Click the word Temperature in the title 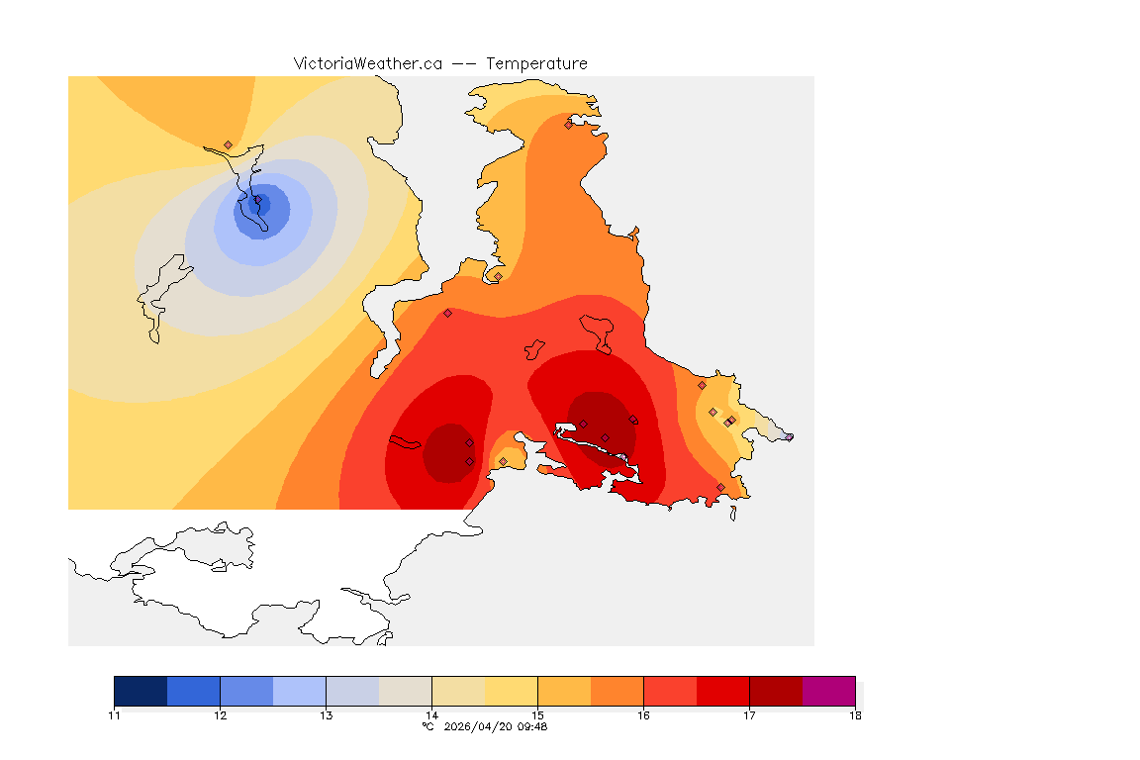pyautogui.click(x=536, y=63)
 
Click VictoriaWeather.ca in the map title pyautogui.click(x=367, y=63)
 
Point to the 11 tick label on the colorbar pyautogui.click(x=115, y=714)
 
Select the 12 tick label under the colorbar pyautogui.click(x=220, y=714)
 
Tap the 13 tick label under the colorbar pyautogui.click(x=326, y=714)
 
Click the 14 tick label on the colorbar pyautogui.click(x=431, y=714)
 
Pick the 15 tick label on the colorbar pyautogui.click(x=537, y=714)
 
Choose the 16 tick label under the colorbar pyautogui.click(x=643, y=714)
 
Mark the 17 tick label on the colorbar pyautogui.click(x=749, y=714)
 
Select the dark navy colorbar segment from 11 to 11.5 pyautogui.click(x=141, y=691)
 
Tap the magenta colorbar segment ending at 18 pyautogui.click(x=828, y=691)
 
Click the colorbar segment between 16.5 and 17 pyautogui.click(x=722, y=691)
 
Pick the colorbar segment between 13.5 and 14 pyautogui.click(x=405, y=691)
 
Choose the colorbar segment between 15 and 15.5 pyautogui.click(x=564, y=691)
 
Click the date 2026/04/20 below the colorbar pyautogui.click(x=479, y=726)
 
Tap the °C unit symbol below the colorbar pyautogui.click(x=427, y=726)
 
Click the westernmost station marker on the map pyautogui.click(x=228, y=144)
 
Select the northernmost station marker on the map pyautogui.click(x=568, y=125)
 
